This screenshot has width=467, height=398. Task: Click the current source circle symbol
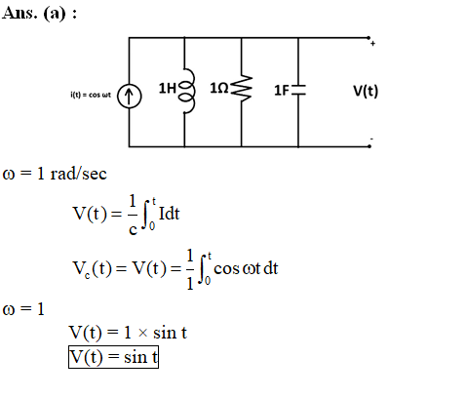130,96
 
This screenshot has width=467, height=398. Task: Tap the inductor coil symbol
189,91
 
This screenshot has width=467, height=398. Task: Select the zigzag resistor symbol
242,88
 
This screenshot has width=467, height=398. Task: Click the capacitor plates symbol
298,90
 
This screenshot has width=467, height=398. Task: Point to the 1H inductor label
168,88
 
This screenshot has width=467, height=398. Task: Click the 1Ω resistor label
219,88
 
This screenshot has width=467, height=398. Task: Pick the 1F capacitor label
282,91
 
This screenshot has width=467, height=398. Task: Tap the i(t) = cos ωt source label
91,95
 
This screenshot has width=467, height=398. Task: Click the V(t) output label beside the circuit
366,91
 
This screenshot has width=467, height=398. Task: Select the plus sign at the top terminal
372,44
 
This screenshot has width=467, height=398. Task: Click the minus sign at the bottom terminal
371,139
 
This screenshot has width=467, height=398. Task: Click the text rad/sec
78,174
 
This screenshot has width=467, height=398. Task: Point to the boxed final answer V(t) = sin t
113,357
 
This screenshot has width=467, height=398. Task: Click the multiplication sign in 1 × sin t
142,333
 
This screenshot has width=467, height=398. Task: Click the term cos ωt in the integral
237,269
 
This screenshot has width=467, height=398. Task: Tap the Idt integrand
170,214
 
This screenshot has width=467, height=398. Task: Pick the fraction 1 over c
133,215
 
